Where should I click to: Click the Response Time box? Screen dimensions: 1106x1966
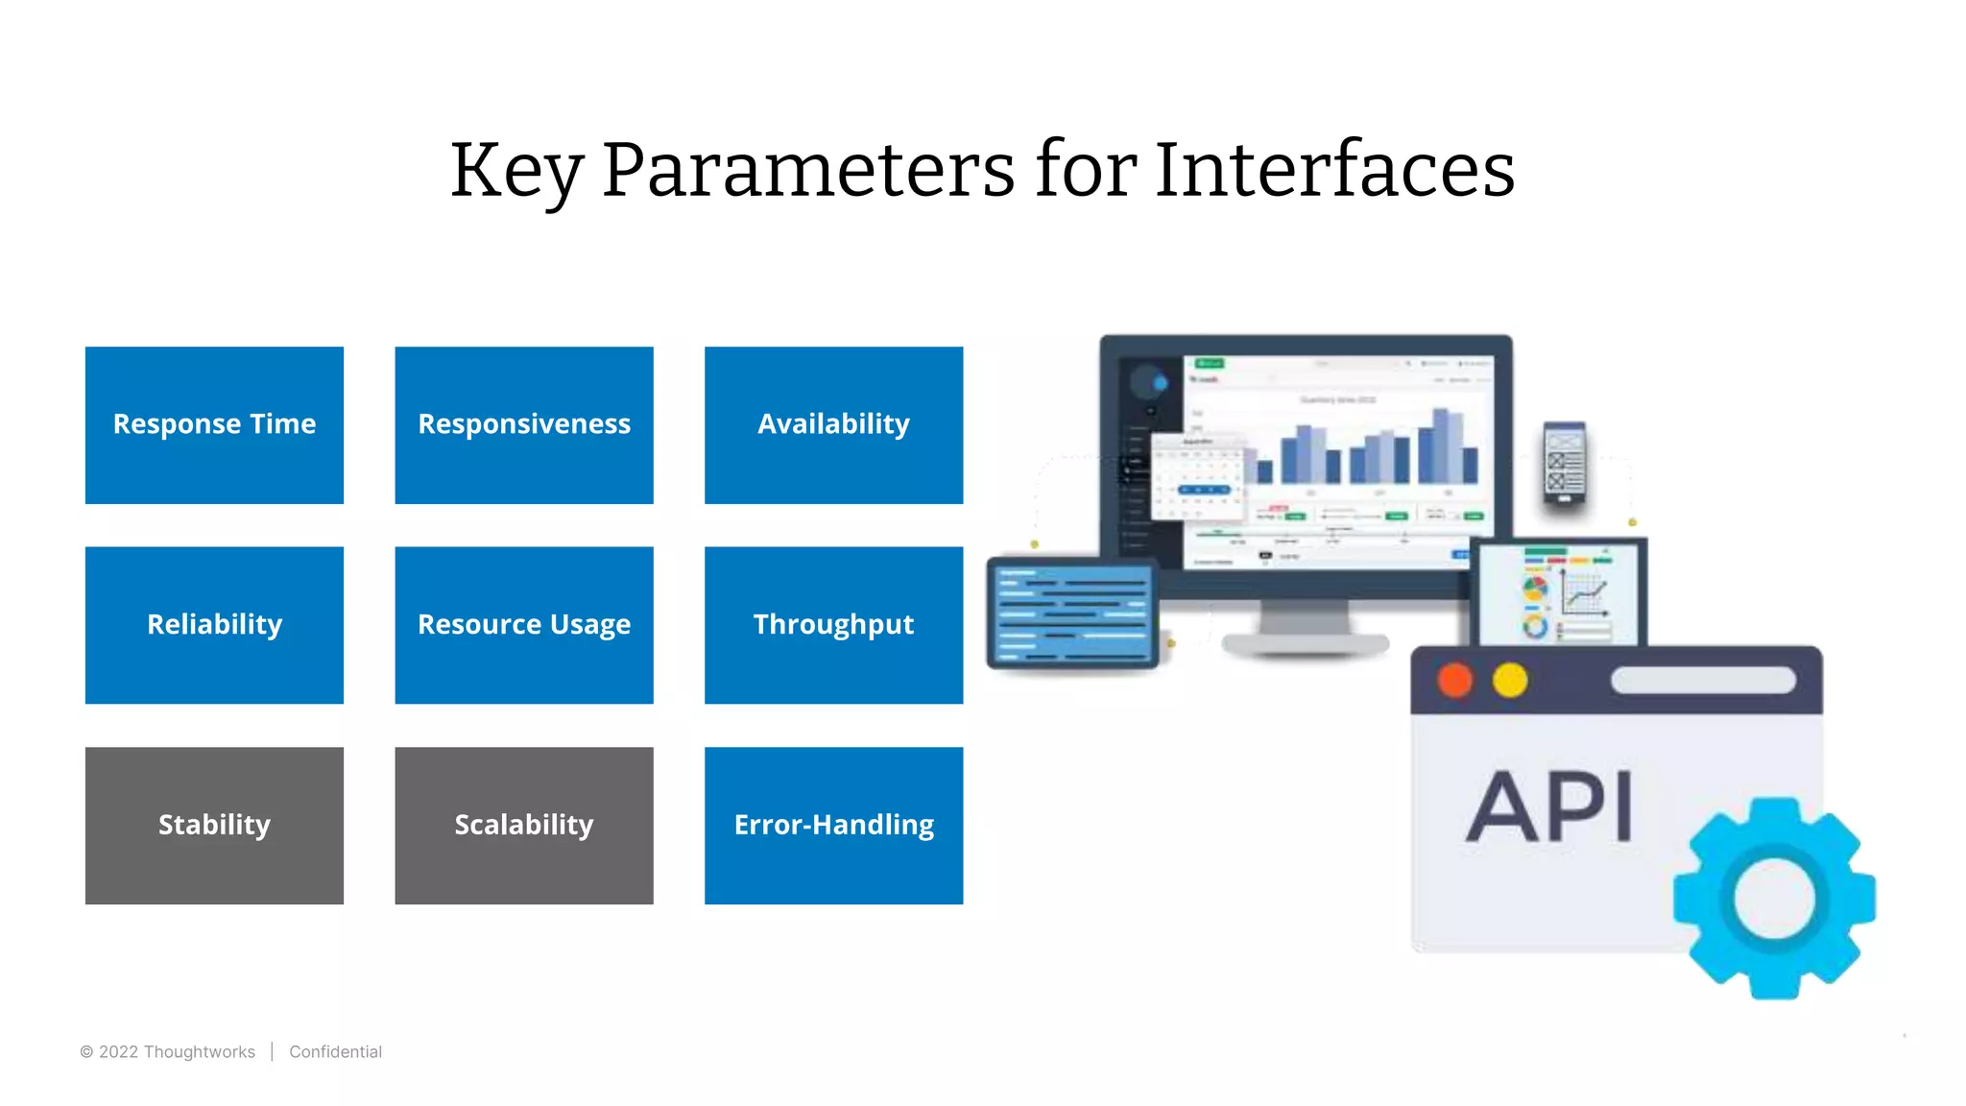pos(214,424)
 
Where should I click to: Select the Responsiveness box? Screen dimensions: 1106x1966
pos(524,424)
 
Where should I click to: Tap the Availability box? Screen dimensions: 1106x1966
pos(833,424)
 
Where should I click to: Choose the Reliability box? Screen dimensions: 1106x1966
pos(214,625)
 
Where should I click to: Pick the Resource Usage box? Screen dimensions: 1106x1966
pos(524,625)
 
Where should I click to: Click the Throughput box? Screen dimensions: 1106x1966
pos(833,625)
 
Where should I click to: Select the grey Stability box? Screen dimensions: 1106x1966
pos(214,825)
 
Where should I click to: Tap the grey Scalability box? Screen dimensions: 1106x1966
pos(524,825)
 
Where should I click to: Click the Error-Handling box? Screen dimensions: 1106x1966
pos(833,825)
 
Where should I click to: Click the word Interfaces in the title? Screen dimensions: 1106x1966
pos(1334,171)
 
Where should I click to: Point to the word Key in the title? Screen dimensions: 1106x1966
pos(516,171)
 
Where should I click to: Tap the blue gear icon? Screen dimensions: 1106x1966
pos(1774,899)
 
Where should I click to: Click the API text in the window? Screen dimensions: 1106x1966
pos(1549,807)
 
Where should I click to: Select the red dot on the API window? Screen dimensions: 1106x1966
pos(1454,681)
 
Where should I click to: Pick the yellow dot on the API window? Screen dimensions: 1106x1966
pos(1510,681)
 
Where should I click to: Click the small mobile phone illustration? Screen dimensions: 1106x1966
pos(1565,463)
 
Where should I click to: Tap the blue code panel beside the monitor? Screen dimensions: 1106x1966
pos(1072,614)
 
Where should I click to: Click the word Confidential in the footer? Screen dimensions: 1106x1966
pos(335,1052)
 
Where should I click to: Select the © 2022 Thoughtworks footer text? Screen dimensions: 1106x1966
pos(168,1052)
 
